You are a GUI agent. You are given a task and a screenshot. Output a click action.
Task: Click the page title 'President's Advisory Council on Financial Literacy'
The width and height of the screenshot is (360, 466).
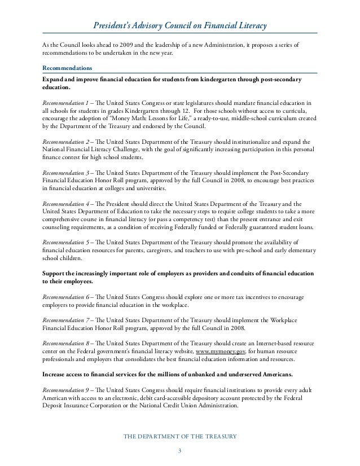pyautogui.click(x=180, y=27)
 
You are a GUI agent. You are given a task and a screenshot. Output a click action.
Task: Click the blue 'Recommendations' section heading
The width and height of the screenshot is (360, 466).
pyautogui.click(x=65, y=68)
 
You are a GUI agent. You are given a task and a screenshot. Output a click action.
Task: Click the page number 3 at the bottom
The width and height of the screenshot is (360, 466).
pyautogui.click(x=179, y=451)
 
